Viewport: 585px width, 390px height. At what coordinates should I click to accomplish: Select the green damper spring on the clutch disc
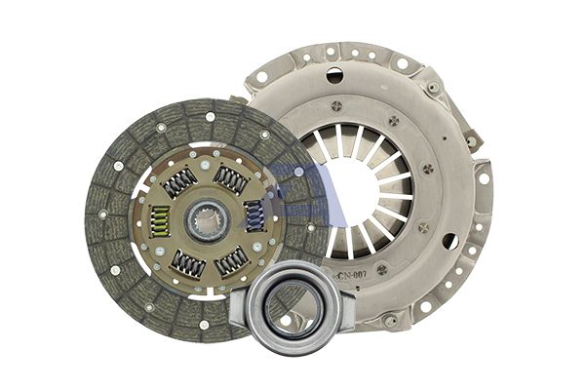(x=160, y=223)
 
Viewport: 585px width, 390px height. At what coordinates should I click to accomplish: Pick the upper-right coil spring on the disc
(x=231, y=178)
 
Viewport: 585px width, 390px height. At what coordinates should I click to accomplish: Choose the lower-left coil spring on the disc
(x=187, y=264)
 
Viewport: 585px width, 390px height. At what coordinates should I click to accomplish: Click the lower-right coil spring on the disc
(x=232, y=260)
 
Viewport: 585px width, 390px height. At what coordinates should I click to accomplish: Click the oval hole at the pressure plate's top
(x=334, y=75)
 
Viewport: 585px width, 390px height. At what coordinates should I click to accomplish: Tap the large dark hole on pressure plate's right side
(x=450, y=241)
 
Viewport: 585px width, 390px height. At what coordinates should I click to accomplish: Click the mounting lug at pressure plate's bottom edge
(x=390, y=320)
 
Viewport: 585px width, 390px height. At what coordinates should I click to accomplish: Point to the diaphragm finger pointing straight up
(x=355, y=141)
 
